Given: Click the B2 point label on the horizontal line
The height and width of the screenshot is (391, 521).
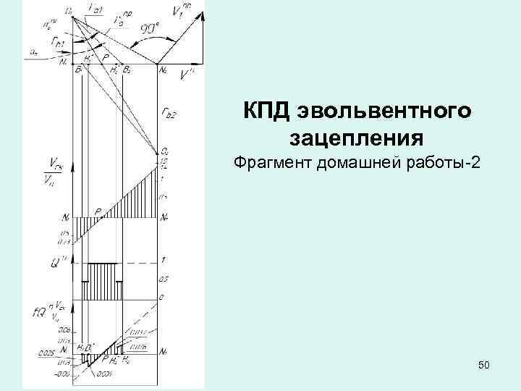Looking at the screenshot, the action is (x=127, y=70).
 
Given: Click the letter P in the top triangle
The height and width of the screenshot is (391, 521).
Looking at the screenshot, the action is (x=106, y=55).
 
